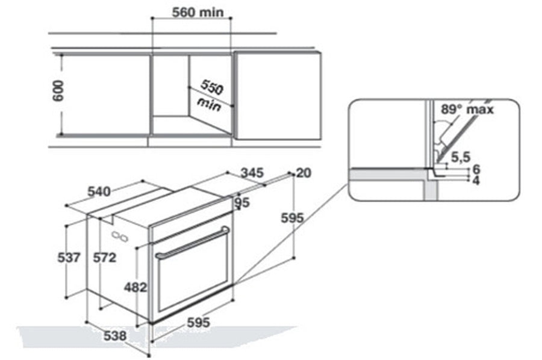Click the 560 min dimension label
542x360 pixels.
pyautogui.click(x=198, y=13)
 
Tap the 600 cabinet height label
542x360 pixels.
pyautogui.click(x=58, y=91)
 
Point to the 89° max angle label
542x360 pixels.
pyautogui.click(x=467, y=110)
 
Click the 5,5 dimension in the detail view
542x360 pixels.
pyautogui.click(x=461, y=157)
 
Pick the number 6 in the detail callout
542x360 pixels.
pyautogui.click(x=476, y=169)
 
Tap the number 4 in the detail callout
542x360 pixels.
pyautogui.click(x=476, y=181)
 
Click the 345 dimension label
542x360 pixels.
pyautogui.click(x=252, y=173)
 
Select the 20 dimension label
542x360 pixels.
pyautogui.click(x=304, y=173)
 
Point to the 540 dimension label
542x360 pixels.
pyautogui.click(x=99, y=191)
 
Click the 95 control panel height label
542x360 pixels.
pyautogui.click(x=242, y=202)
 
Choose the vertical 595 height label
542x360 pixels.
pyautogui.click(x=292, y=218)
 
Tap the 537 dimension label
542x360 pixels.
pyautogui.click(x=69, y=258)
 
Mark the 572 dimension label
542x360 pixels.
pyautogui.click(x=105, y=258)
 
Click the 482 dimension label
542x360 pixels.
pyautogui.click(x=135, y=287)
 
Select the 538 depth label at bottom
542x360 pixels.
pyautogui.click(x=115, y=335)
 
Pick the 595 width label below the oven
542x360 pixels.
pyautogui.click(x=198, y=322)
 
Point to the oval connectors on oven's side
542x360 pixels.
pyautogui.click(x=120, y=236)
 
